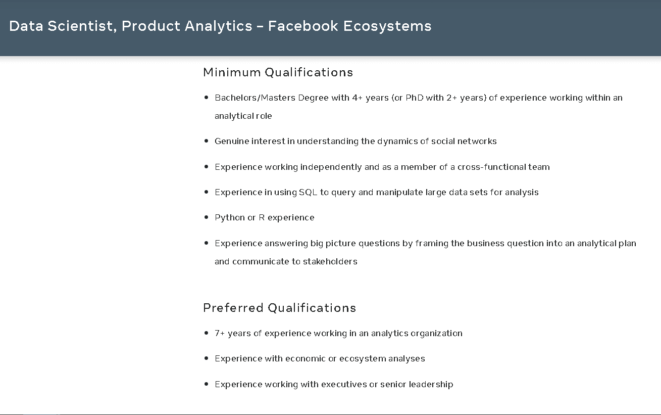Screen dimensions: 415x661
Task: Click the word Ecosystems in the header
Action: [x=387, y=26]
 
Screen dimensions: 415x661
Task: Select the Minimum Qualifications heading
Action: [x=278, y=72]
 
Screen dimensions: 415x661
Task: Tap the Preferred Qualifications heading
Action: [x=279, y=308]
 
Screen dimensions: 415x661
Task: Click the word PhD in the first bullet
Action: [x=415, y=98]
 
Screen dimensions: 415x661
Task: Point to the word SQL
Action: [x=308, y=192]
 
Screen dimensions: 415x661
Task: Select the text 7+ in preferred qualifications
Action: [x=220, y=333]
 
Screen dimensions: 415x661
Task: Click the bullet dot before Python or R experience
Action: [x=206, y=217]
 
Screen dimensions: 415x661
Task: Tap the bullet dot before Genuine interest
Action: [x=206, y=141]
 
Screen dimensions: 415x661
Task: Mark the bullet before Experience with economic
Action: [x=206, y=358]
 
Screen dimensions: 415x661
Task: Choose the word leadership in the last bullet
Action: [x=431, y=384]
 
